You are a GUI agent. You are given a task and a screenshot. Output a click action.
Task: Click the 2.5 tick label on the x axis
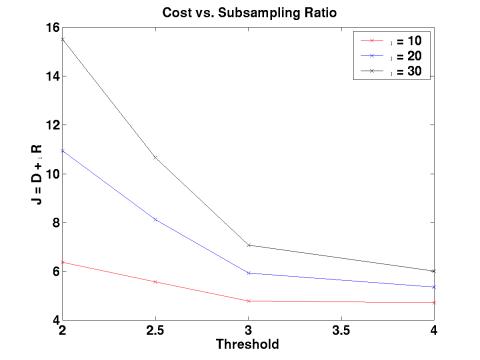pos(156,331)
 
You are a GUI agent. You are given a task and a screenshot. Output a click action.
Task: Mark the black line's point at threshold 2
pos(63,39)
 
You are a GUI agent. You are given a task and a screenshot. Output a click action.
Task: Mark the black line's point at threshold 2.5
pos(156,157)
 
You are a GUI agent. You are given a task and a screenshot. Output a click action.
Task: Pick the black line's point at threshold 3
pos(249,245)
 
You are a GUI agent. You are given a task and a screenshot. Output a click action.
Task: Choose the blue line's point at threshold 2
pos(63,151)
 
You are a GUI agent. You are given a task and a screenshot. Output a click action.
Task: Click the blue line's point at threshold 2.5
pos(156,219)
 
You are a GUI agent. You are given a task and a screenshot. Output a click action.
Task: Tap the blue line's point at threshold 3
pos(249,273)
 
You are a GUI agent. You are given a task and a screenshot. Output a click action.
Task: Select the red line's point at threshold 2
pos(63,262)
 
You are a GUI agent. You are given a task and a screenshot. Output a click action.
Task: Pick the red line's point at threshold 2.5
pos(156,282)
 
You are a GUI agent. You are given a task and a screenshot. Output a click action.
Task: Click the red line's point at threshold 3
pos(249,301)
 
